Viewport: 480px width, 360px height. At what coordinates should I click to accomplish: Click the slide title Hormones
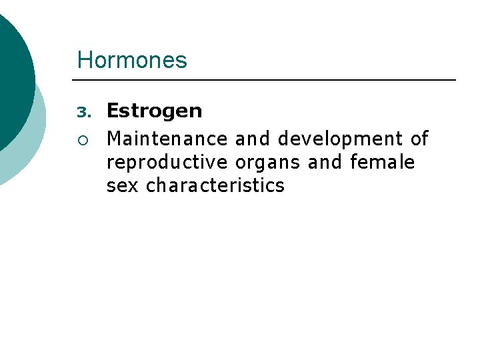point(132,61)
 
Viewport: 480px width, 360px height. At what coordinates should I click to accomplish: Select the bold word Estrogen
point(154,111)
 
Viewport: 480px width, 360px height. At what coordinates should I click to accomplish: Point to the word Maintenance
point(167,139)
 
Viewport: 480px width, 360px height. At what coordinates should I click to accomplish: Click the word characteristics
point(215,185)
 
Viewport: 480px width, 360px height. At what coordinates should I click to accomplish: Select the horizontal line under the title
point(267,81)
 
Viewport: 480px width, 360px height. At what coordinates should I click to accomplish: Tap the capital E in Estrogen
point(113,111)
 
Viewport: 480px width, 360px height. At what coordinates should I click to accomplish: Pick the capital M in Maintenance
point(114,139)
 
